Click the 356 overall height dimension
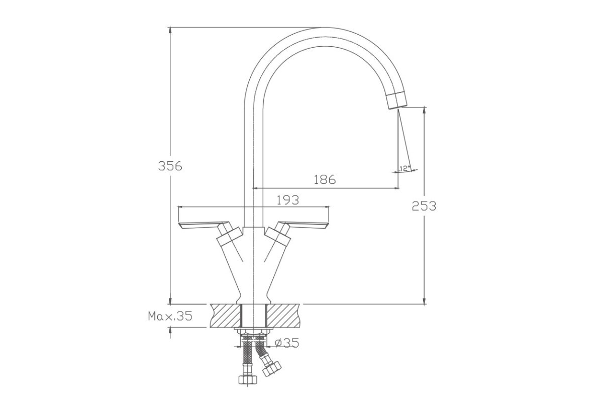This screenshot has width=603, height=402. [x=170, y=166]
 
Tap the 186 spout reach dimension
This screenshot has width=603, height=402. [x=325, y=179]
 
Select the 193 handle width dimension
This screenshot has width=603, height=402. [x=288, y=200]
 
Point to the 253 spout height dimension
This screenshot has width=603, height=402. [x=424, y=206]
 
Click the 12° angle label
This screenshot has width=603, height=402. [x=405, y=169]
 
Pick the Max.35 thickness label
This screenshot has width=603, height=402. [x=170, y=316]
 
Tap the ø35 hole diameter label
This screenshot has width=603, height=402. [x=287, y=343]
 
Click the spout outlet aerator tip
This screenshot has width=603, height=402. [x=397, y=100]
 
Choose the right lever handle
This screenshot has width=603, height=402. [x=304, y=225]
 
